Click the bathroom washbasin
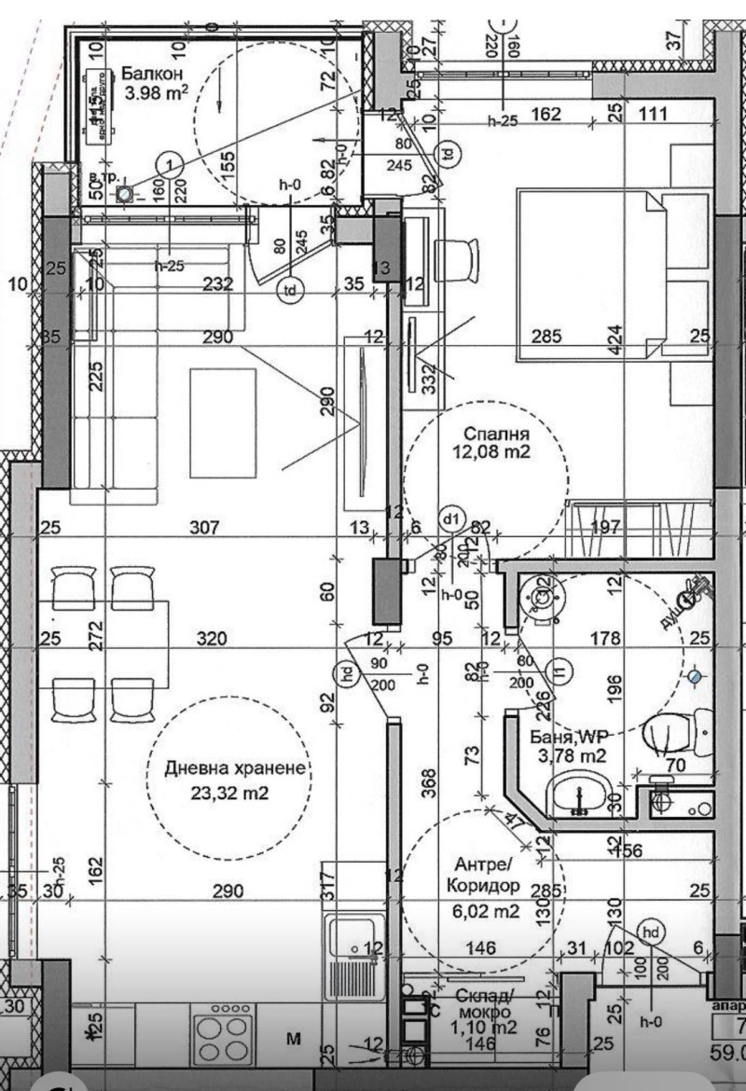tap(578, 794)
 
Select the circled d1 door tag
tap(452, 518)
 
